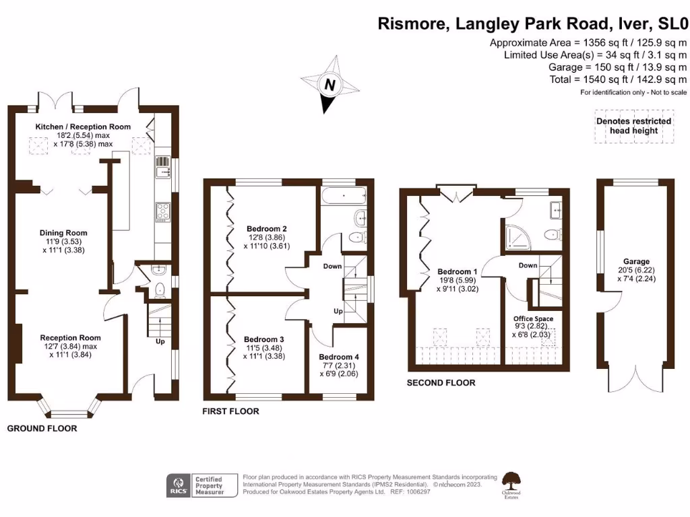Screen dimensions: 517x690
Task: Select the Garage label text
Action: pos(635,261)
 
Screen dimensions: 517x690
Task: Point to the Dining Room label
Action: pos(63,233)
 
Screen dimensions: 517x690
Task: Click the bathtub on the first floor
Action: pos(344,197)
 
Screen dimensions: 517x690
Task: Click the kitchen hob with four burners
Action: pos(162,211)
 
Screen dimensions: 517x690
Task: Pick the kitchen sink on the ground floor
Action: pos(162,172)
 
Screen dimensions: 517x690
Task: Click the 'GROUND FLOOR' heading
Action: pos(42,428)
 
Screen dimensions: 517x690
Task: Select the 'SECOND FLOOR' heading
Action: pos(441,382)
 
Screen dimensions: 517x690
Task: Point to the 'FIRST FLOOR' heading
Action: pos(230,411)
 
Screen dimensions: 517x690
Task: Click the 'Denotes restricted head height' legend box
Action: pos(633,126)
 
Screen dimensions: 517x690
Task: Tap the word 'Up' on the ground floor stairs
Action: pos(160,341)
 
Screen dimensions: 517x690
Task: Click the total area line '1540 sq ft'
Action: pos(618,79)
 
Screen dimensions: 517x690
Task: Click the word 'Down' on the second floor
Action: pos(528,265)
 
